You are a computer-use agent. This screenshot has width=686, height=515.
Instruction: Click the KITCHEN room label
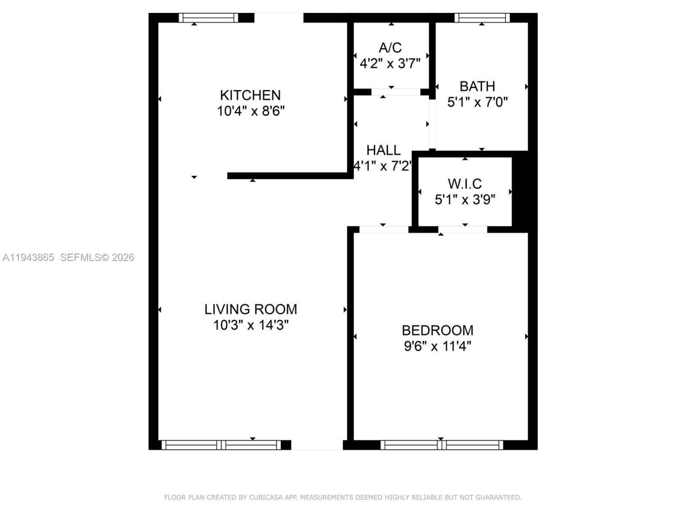click(x=250, y=95)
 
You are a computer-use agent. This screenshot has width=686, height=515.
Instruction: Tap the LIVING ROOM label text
click(x=250, y=309)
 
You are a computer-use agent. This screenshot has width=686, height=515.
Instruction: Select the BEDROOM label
click(x=437, y=330)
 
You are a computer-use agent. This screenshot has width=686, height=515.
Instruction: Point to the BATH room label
click(x=477, y=86)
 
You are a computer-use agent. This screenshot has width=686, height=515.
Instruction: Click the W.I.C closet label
click(x=465, y=184)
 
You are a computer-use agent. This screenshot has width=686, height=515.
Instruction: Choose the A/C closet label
click(x=390, y=48)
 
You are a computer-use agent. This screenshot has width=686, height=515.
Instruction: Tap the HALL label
click(x=383, y=150)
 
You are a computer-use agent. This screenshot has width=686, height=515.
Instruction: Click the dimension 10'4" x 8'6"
click(x=250, y=111)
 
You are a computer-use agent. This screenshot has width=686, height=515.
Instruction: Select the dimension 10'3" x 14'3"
click(x=250, y=325)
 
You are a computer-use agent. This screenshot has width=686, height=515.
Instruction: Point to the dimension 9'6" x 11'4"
click(x=437, y=346)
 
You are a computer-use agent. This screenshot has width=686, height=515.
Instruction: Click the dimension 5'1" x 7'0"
click(x=477, y=102)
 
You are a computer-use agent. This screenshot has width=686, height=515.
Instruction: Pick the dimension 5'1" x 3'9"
click(x=465, y=200)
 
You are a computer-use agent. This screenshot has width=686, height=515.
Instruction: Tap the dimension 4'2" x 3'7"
click(x=390, y=63)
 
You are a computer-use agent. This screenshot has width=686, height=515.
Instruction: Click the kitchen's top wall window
click(x=208, y=18)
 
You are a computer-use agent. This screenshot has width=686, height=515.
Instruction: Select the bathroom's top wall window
click(x=482, y=18)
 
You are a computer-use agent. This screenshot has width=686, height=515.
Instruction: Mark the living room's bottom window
click(x=221, y=445)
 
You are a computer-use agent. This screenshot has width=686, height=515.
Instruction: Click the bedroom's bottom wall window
click(x=441, y=445)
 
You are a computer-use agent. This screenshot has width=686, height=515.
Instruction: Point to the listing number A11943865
click(x=28, y=257)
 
